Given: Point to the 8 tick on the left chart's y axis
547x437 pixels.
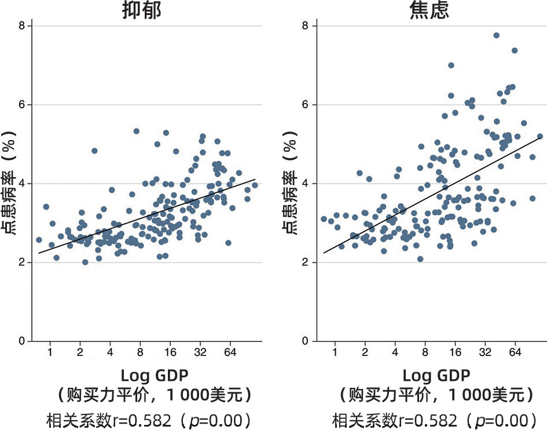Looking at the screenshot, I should tap(21, 26).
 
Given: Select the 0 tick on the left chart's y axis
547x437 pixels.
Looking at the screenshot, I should tap(21, 341).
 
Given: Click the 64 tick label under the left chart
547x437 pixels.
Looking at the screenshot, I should tap(230, 352).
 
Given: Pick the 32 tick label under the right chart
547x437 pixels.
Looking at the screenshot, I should tap(486, 352).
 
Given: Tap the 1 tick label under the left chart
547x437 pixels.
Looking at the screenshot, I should tap(50, 352).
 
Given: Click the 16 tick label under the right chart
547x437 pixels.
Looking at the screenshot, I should tap(456, 352).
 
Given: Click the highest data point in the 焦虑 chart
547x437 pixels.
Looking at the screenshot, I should tap(496, 35).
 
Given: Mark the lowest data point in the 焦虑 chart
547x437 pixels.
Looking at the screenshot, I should tap(420, 259).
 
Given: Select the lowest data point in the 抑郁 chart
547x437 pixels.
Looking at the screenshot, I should tap(85, 262).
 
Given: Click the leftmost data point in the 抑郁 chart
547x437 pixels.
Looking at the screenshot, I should tap(39, 240).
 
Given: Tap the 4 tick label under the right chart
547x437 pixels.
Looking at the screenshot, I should tap(395, 352).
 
